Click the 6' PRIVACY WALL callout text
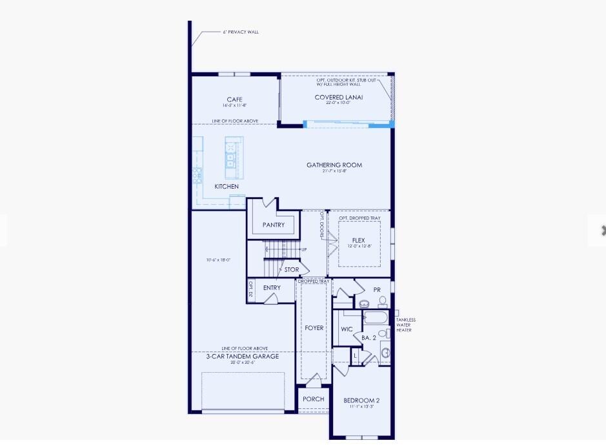point(241,32)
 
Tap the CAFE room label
point(234,99)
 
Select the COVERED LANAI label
point(339,98)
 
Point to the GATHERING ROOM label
point(334,165)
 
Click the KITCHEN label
point(227,187)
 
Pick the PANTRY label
point(274,225)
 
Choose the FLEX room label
point(358,240)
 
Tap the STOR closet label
point(292,270)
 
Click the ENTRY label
point(272,288)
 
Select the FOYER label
point(314,328)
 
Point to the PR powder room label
point(377,290)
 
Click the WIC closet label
point(347,329)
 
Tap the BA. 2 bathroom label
point(369,338)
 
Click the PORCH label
point(314,399)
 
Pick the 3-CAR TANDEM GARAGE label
point(243,357)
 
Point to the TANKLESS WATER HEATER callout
point(405,325)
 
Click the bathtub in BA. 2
point(374,318)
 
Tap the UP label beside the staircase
point(304,250)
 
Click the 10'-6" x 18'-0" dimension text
point(218,260)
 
